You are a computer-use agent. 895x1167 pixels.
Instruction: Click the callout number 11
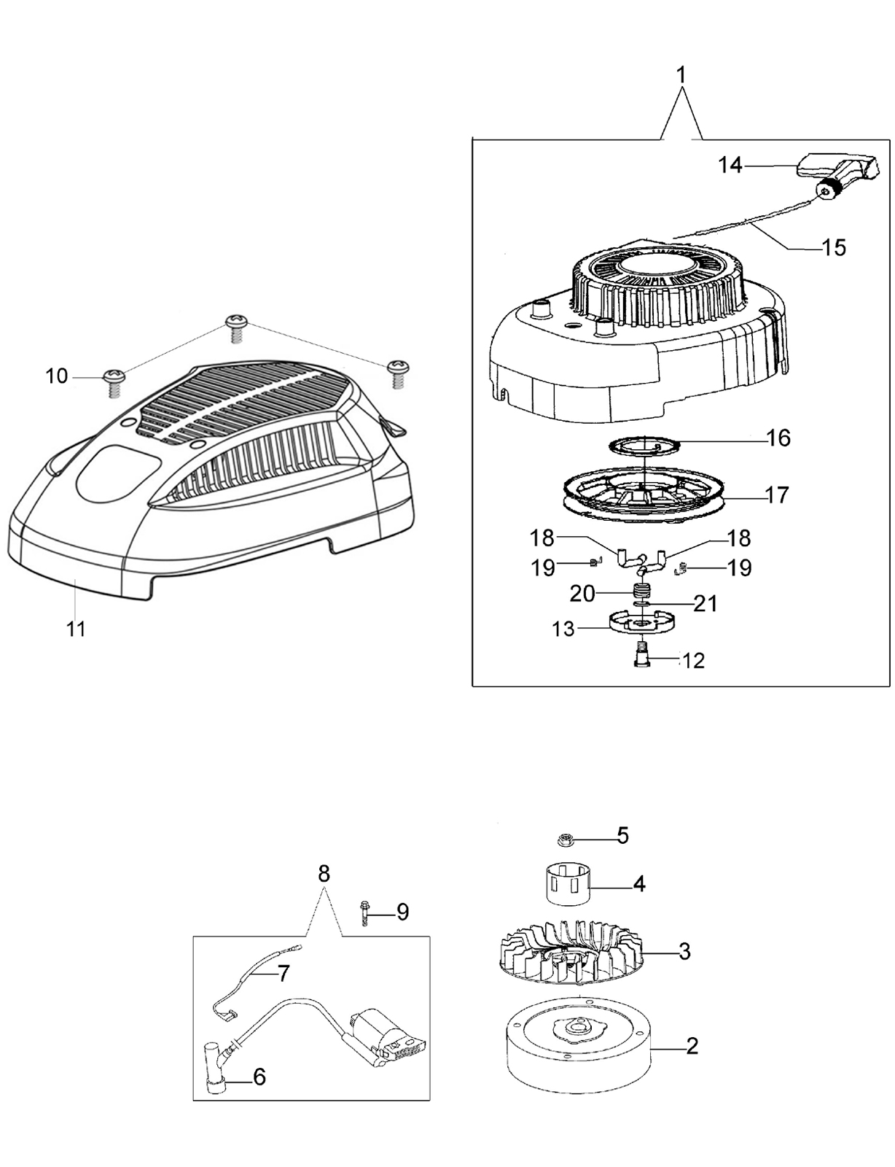[76, 628]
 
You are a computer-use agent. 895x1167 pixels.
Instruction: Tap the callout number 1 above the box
[681, 75]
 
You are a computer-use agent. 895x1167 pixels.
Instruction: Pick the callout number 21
[705, 604]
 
